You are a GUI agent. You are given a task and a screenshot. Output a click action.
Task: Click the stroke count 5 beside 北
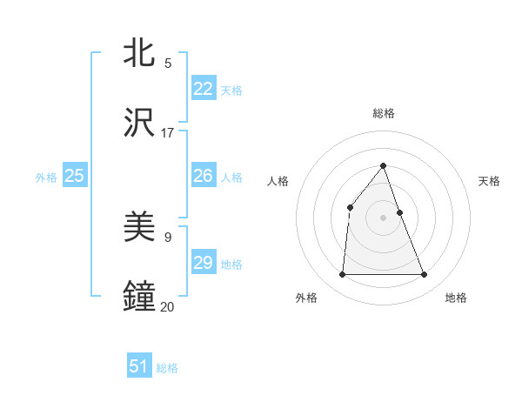[168, 64]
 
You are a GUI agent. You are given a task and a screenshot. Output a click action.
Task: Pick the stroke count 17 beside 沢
[168, 133]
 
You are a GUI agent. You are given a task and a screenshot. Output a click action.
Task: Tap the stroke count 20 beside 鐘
[168, 306]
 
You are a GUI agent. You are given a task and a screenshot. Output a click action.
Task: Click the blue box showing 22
[204, 89]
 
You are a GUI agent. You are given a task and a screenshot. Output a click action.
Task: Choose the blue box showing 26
[204, 176]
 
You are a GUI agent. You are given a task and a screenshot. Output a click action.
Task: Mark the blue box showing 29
[204, 263]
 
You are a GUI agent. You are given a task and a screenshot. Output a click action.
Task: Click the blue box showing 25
[75, 176]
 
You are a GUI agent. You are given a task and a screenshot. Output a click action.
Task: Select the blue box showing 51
[139, 366]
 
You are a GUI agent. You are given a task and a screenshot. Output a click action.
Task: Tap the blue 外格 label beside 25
[46, 178]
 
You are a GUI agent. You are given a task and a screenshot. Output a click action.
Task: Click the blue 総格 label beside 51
[167, 368]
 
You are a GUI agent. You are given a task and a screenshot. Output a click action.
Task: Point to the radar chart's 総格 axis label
[384, 113]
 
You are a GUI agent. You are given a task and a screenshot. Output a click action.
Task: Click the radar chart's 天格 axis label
[490, 181]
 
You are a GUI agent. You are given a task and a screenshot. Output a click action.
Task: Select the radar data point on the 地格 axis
[425, 275]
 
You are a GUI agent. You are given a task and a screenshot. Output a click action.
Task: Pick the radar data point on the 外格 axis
[342, 275]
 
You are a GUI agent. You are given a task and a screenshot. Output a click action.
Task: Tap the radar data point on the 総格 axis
[384, 164]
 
